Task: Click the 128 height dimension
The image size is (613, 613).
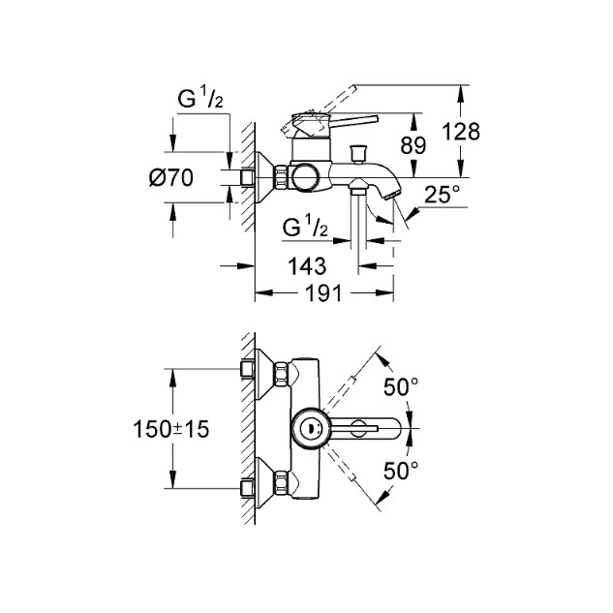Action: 461,132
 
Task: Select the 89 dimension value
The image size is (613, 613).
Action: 414,146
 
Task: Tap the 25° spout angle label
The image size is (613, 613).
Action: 443,195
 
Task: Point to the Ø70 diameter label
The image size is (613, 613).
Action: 171,178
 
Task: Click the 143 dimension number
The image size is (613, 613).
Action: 307,266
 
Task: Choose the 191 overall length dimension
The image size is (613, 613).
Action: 323,293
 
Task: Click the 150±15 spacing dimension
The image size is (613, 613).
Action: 171,429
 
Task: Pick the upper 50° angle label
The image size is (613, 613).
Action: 401,387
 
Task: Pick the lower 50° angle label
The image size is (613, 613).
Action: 401,471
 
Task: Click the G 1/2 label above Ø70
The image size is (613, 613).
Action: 200,98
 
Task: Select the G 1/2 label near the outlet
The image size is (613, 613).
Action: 305,227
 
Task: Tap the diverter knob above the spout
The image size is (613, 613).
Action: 357,153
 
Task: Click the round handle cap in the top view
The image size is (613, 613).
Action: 311,429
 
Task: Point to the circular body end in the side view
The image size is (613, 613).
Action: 304,178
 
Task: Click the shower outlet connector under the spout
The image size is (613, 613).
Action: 358,187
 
